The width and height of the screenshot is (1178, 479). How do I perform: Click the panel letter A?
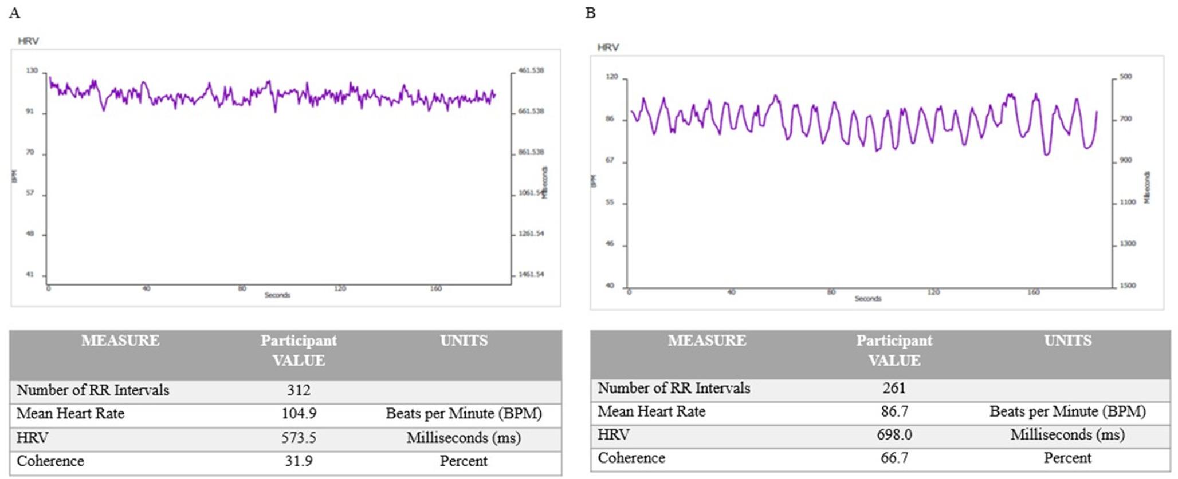click(x=15, y=13)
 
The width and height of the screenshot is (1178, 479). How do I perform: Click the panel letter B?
click(x=590, y=13)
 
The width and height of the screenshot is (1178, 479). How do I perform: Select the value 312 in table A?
click(x=299, y=390)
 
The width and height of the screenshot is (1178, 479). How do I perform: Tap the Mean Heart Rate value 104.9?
click(x=299, y=414)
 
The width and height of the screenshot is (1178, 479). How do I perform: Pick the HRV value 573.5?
click(x=299, y=438)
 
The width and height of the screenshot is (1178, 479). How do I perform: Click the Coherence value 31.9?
click(x=299, y=461)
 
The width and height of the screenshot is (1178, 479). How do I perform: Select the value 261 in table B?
click(x=894, y=388)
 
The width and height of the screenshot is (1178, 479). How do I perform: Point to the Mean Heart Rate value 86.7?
click(x=894, y=411)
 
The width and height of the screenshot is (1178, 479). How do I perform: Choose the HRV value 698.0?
click(x=894, y=435)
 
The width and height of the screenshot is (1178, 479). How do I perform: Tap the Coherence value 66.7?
click(x=894, y=458)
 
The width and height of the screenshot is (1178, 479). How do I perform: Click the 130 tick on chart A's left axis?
click(x=32, y=71)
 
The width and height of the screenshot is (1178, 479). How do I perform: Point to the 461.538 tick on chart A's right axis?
click(x=531, y=71)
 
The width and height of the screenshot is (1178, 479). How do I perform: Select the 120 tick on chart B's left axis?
click(x=611, y=77)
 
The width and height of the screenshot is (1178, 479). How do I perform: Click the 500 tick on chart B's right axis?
click(x=1125, y=77)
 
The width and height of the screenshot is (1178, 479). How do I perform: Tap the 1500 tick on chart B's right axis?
click(x=1127, y=286)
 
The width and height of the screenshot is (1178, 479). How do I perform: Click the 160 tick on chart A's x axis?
click(x=435, y=289)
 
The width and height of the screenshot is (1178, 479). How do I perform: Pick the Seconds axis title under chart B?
click(x=867, y=299)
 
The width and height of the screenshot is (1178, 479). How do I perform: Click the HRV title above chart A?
click(x=28, y=41)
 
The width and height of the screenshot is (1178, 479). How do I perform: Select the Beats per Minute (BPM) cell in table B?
click(x=1067, y=411)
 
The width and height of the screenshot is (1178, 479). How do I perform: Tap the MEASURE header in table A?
click(x=120, y=341)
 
